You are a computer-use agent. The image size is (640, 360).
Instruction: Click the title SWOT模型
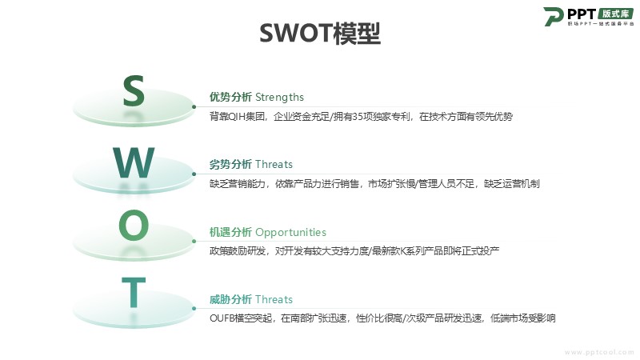point(320,33)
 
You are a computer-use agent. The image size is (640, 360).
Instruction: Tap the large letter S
point(134,91)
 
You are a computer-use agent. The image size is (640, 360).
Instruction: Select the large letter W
point(134,162)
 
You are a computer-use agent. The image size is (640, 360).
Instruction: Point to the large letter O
point(134,225)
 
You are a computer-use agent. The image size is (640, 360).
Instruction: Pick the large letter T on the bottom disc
point(134,292)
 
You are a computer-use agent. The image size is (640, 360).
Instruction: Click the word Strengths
point(279,97)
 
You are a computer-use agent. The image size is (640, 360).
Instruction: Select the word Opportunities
point(290,233)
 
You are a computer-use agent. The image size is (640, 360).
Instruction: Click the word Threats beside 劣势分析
point(274,165)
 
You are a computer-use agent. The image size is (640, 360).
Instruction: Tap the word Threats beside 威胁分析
point(274,299)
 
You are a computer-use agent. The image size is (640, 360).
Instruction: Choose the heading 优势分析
point(230,97)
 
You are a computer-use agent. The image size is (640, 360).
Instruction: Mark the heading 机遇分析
point(230,232)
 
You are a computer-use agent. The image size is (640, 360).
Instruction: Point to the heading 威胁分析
point(230,299)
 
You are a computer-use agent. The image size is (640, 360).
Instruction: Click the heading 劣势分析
point(230,165)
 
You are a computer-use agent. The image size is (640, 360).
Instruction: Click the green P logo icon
point(553,16)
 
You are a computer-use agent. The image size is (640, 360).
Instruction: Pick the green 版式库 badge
point(616,14)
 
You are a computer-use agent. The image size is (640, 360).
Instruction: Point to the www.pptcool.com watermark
point(599,352)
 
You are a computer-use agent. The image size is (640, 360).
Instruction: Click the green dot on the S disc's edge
point(194,107)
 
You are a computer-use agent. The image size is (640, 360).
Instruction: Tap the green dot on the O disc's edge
point(194,242)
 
